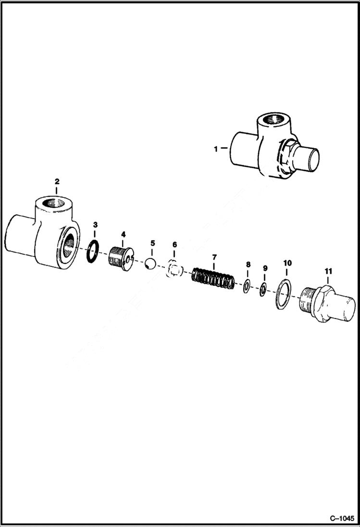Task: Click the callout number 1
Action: click(216, 149)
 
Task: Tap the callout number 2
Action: click(57, 181)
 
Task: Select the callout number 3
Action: click(95, 224)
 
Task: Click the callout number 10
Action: click(287, 263)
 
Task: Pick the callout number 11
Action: click(328, 271)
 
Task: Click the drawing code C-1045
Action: click(341, 518)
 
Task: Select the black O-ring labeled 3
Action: click(93, 251)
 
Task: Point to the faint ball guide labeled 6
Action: click(174, 269)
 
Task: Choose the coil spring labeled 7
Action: click(213, 279)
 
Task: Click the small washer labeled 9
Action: click(263, 290)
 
